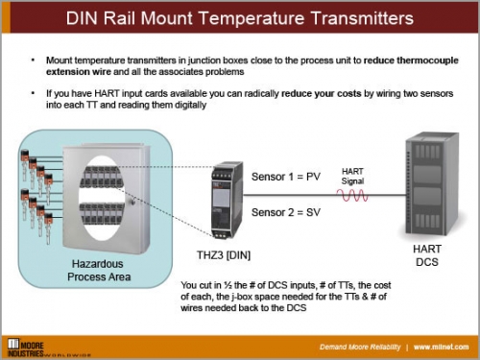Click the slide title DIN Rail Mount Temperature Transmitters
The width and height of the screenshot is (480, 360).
[x=240, y=19]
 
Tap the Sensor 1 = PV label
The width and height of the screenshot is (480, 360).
[x=285, y=178]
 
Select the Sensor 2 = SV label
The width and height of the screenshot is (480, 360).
[x=285, y=211]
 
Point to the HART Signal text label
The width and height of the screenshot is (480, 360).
[x=353, y=176]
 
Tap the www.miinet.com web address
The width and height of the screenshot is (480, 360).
[x=441, y=346]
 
